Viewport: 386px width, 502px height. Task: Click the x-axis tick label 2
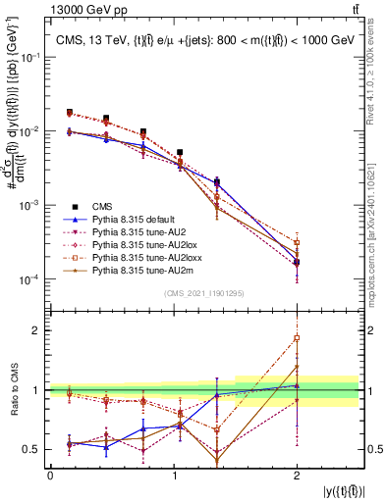297,476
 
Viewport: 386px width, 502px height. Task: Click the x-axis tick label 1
173,476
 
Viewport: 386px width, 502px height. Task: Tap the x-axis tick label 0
50,476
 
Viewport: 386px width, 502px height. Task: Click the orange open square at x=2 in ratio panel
297,338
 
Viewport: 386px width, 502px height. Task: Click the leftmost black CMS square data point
69,113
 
